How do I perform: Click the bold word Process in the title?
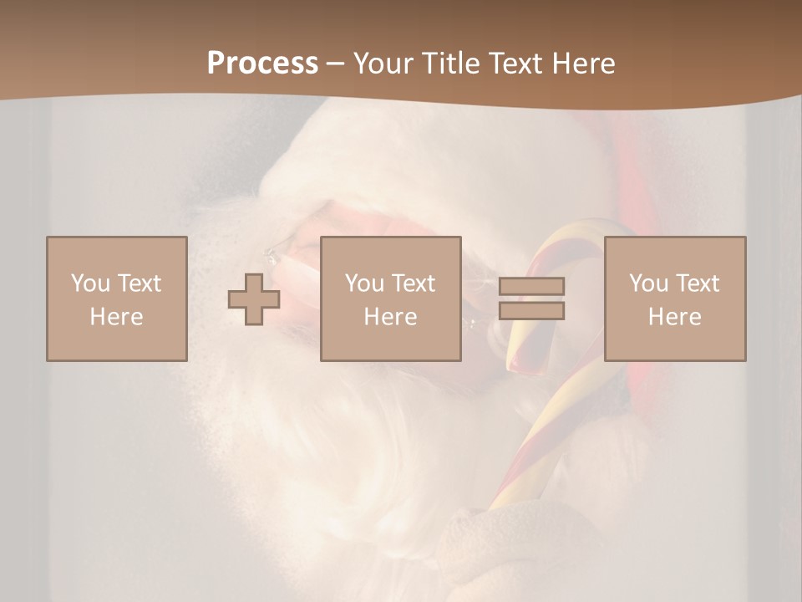click(262, 64)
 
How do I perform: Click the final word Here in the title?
click(582, 64)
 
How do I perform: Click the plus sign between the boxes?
click(253, 298)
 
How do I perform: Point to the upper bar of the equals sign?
click(531, 286)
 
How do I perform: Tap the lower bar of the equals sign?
click(531, 310)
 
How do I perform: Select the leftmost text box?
click(116, 298)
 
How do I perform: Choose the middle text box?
click(390, 298)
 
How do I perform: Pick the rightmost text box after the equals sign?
click(674, 298)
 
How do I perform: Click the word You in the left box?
click(90, 283)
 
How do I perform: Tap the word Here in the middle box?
click(390, 317)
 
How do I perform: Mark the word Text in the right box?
click(697, 283)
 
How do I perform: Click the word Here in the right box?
click(674, 317)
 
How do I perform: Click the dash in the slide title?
click(336, 64)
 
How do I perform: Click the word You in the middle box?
click(364, 283)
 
